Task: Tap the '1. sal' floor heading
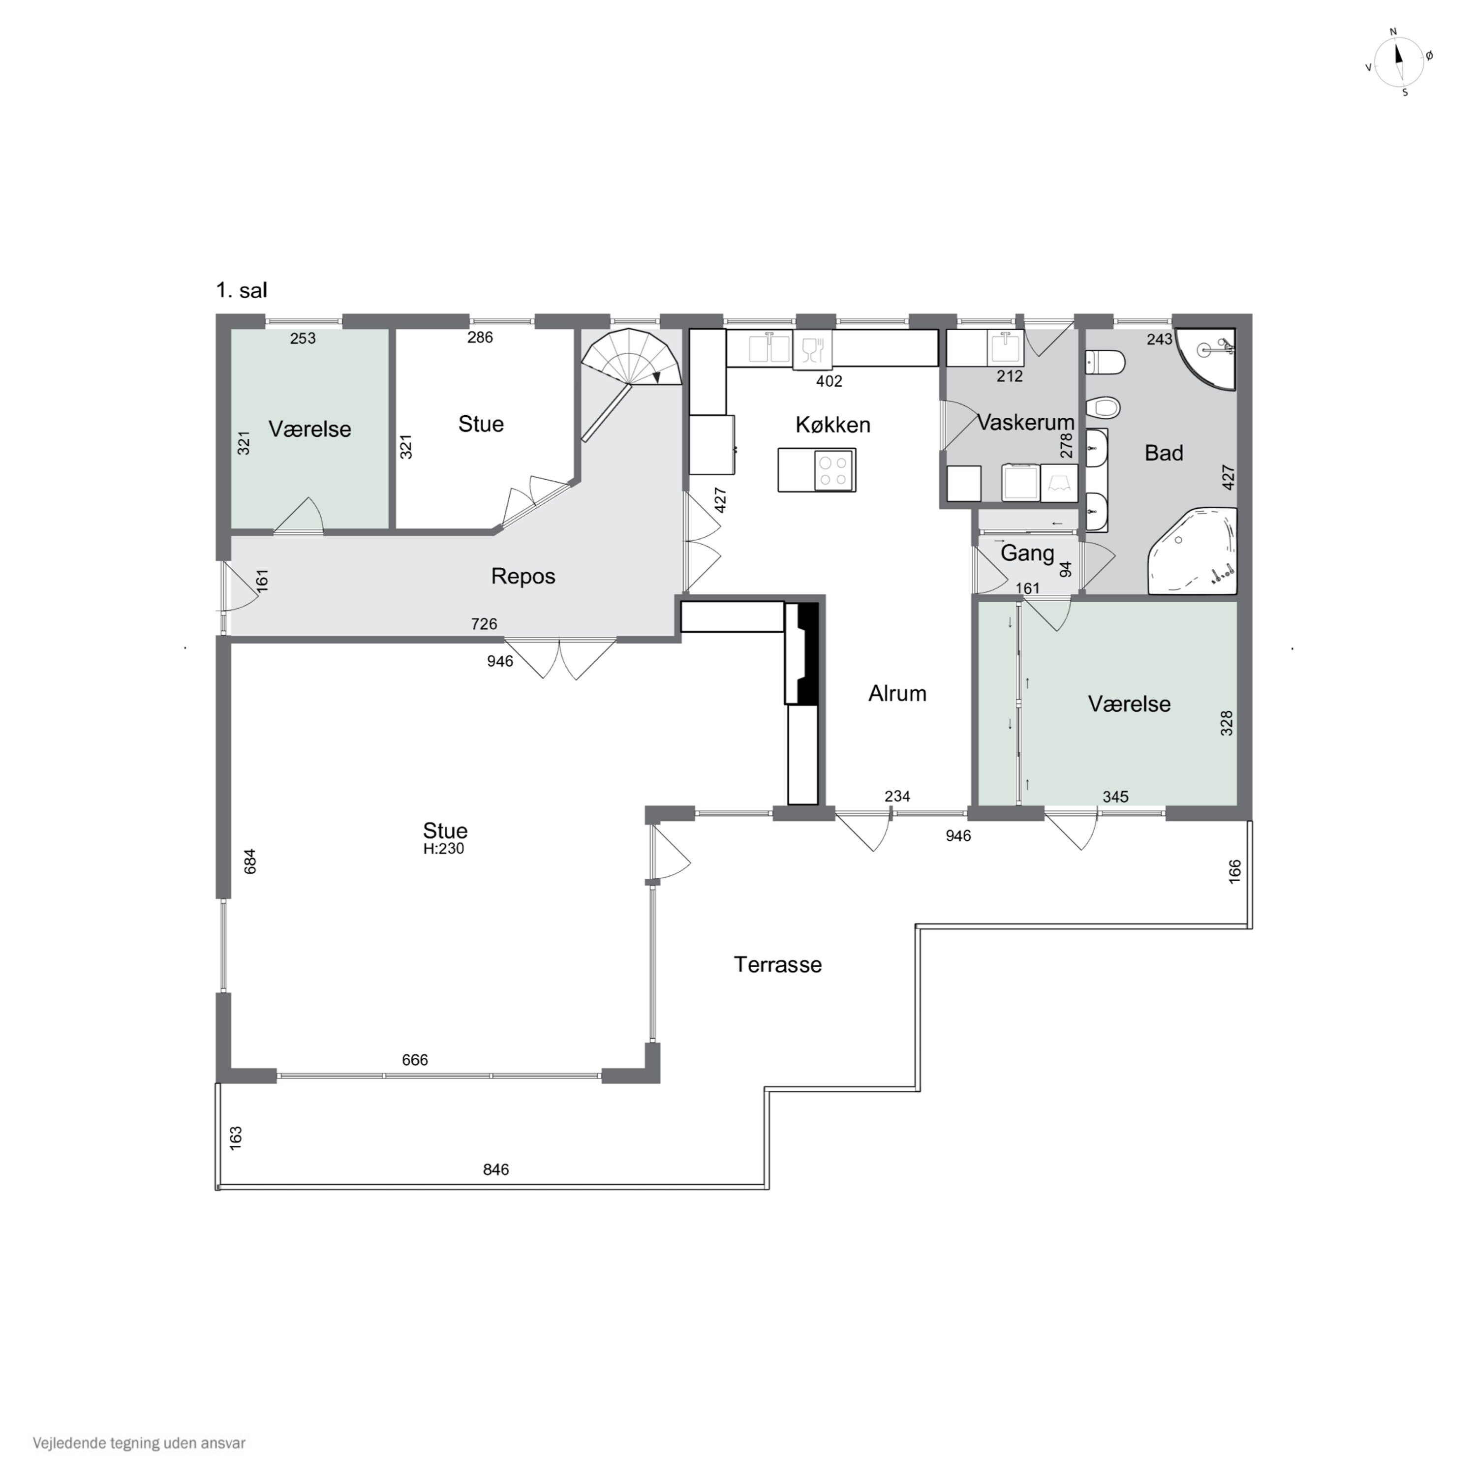[242, 290]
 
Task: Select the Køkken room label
[833, 425]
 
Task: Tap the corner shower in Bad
[1205, 358]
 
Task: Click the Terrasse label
[778, 965]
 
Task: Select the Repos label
[523, 576]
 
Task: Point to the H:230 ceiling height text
[444, 849]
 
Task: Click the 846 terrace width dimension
[496, 1169]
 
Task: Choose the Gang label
[1028, 553]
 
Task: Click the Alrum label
[898, 694]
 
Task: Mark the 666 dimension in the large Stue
[415, 1060]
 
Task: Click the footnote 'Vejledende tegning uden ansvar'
[139, 1443]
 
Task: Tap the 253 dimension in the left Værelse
[303, 338]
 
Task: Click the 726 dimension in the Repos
[484, 624]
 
